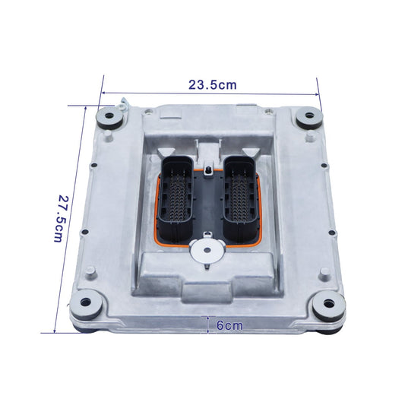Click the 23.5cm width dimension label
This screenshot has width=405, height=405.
(x=213, y=84)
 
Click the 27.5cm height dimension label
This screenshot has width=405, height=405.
(x=61, y=219)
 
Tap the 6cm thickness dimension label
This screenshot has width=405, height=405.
(x=229, y=325)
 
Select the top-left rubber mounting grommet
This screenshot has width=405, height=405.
(x=109, y=118)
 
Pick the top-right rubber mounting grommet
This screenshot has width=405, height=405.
(x=309, y=117)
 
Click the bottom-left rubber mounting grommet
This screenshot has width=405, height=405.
(x=87, y=303)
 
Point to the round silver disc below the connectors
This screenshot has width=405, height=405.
(x=207, y=250)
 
